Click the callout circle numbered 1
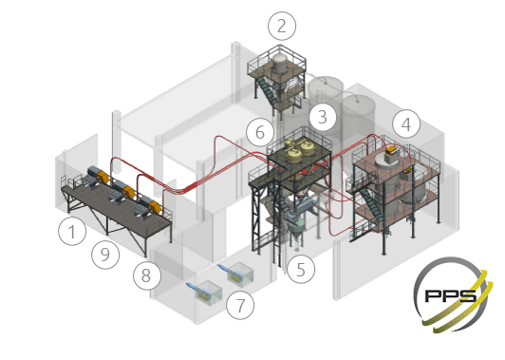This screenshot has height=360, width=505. [72, 231]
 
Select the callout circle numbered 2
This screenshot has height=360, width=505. [282, 26]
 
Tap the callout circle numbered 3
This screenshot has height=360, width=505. [323, 117]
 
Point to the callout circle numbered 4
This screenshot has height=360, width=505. [406, 124]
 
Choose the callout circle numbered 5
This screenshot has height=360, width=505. [301, 269]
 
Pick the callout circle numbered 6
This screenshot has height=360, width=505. [260, 132]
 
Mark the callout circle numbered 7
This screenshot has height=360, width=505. [240, 305]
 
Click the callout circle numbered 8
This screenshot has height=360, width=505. [146, 275]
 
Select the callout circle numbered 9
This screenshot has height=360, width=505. [105, 255]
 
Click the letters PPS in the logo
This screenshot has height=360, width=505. [450, 294]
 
